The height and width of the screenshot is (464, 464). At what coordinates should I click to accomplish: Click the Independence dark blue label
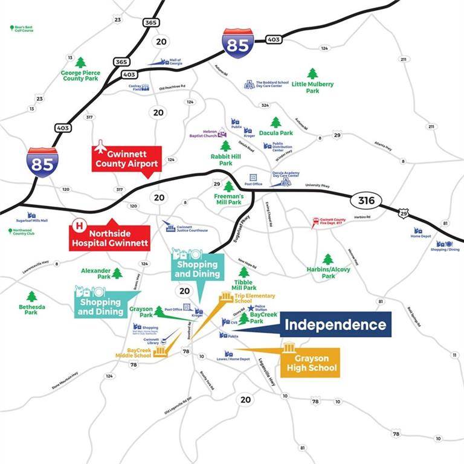coord(335,324)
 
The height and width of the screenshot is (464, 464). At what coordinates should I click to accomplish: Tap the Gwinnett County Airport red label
coord(126,158)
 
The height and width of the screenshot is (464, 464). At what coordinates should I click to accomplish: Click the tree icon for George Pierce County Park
coord(80,62)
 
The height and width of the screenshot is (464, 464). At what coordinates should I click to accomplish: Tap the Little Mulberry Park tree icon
coord(312,74)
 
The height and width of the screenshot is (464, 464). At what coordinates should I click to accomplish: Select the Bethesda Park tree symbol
coord(31,296)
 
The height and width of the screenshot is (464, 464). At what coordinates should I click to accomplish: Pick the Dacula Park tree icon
coord(275,123)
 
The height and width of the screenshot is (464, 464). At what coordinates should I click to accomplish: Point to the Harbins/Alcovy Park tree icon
coord(327,259)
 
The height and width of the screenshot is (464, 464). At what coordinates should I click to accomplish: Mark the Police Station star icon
coord(250,308)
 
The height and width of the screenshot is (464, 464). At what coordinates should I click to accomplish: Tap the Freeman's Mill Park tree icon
coord(228,187)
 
